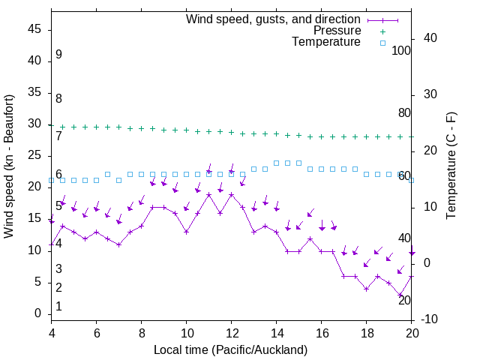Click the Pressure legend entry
[337, 31]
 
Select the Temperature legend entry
[326, 42]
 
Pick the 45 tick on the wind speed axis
[35, 29]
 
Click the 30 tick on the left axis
[35, 124]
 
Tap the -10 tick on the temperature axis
[431, 319]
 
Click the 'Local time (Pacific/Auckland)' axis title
[230, 349]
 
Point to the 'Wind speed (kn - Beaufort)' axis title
[9, 166]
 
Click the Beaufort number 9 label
[58, 55]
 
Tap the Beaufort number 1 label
[58, 307]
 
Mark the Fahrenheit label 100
[402, 51]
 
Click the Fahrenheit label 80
[404, 113]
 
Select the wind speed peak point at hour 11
[209, 194]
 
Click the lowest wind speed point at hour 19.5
[400, 295]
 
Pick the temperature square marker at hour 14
[277, 163]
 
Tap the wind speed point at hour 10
[187, 232]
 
